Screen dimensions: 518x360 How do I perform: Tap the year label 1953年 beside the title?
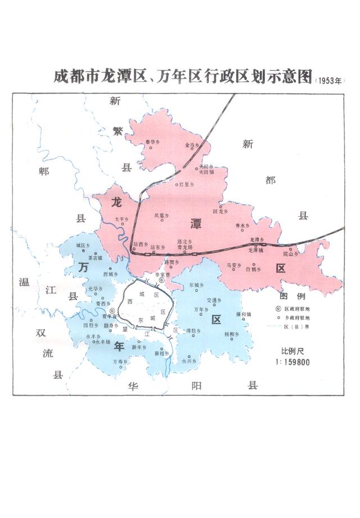pos(329,80)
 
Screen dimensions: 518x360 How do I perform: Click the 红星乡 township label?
pos(186,184)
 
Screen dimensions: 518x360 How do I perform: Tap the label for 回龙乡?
pos(220,211)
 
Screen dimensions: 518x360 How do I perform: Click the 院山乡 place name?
pos(289,254)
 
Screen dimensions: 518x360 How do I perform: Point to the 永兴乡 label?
pos(188,361)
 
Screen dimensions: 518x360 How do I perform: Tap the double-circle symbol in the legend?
pos(279,309)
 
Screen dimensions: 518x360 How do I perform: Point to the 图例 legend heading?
pos(291,296)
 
